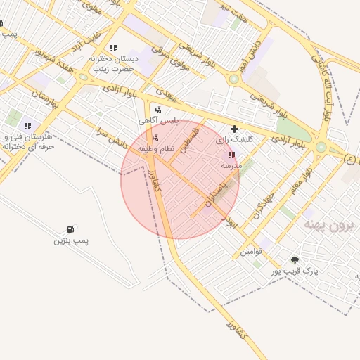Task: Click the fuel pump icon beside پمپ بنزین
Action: point(70,229)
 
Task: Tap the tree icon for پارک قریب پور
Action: point(294,260)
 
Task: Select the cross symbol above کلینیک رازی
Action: point(234,129)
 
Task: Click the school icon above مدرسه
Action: point(231,155)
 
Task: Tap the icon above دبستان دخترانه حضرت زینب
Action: point(112,48)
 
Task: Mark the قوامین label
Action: point(251,251)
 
